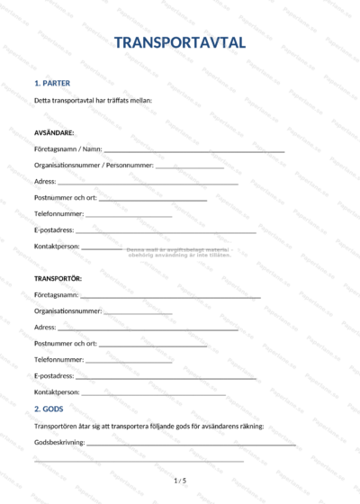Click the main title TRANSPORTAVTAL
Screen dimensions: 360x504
(180, 42)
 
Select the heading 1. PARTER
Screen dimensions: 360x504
(51, 83)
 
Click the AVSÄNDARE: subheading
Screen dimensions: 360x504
(54, 132)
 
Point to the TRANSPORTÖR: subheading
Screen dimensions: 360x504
(58, 278)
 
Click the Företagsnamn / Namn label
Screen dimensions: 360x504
(67, 148)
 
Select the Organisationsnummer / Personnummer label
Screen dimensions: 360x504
(94, 165)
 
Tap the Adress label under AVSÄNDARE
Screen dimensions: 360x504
(45, 181)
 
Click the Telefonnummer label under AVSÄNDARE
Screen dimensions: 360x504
(58, 213)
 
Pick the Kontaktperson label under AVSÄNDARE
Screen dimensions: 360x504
(57, 246)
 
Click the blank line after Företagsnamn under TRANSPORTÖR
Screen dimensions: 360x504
(171, 296)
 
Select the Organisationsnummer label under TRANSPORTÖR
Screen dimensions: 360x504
(67, 310)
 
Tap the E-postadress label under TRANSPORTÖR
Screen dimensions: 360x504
(54, 375)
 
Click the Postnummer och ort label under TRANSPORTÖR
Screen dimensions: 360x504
(65, 343)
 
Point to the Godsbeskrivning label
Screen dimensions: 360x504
(59, 442)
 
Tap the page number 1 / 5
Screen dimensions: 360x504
(180, 481)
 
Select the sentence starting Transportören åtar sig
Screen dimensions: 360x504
(148, 426)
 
